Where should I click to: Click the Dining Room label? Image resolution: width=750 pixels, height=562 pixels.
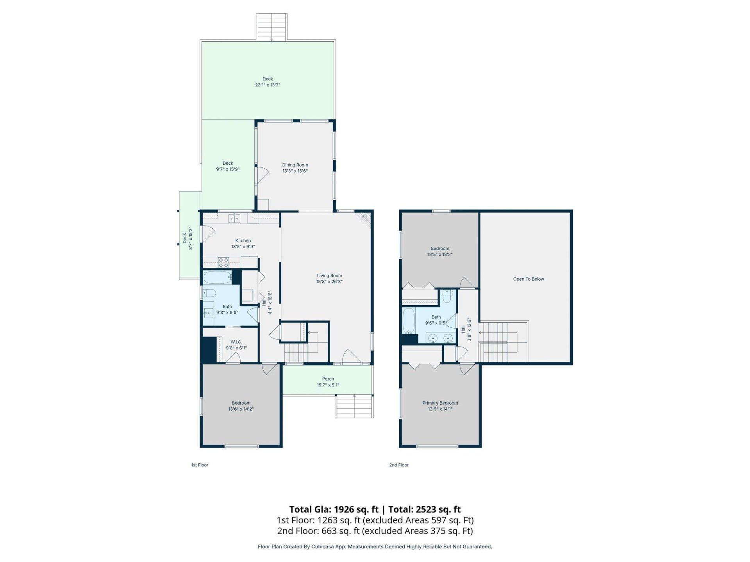[295, 165]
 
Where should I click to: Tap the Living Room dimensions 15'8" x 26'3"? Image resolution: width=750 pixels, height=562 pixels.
[329, 282]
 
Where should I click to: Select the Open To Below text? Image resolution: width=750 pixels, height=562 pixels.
[528, 279]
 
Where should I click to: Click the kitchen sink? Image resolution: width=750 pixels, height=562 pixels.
[234, 218]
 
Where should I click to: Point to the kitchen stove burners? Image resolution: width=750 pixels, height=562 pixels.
[223, 262]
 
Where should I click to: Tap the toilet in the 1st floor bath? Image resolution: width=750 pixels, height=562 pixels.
[210, 293]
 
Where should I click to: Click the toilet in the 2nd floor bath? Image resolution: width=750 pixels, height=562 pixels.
[447, 297]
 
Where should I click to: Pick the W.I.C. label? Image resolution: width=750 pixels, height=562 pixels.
[236, 342]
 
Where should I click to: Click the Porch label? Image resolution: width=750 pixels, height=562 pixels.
[328, 379]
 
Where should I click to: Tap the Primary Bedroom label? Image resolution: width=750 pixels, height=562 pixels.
[440, 403]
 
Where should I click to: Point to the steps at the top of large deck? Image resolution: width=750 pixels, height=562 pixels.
[271, 27]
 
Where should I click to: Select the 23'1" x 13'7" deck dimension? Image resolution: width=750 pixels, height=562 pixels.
[268, 85]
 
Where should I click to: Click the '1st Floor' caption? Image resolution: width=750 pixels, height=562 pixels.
[200, 465]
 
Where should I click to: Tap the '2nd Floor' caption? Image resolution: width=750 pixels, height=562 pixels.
[398, 465]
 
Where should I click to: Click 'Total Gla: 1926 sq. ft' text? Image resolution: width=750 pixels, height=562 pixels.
[334, 509]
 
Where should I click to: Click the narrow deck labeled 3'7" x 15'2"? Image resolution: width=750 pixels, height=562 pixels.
[189, 238]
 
